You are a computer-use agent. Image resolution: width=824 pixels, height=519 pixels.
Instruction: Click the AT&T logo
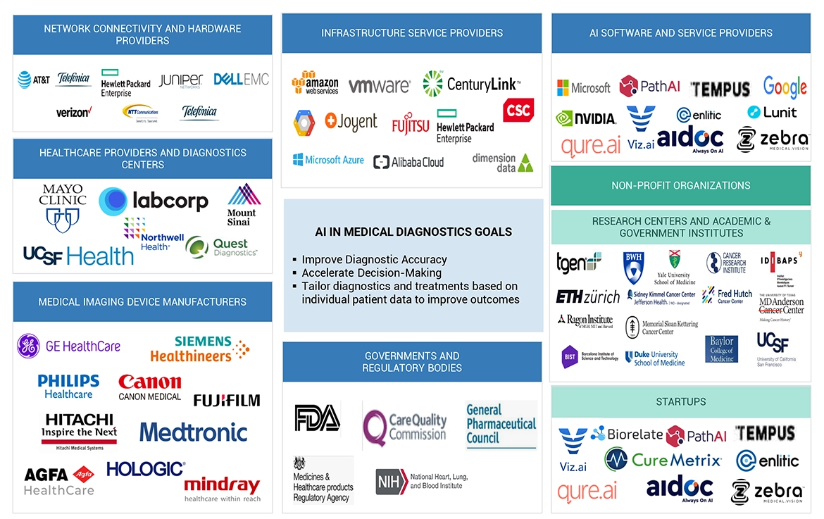point(34,80)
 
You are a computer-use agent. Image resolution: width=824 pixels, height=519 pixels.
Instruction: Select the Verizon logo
point(74,112)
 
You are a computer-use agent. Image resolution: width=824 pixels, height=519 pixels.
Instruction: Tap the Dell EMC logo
point(241,80)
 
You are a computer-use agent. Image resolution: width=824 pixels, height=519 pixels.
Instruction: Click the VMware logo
point(379,86)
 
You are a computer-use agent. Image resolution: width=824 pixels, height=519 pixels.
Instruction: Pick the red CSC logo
point(518,110)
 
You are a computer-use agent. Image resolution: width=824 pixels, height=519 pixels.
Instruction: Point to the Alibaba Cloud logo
point(409,162)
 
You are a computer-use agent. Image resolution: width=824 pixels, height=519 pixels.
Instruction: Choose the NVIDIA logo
point(586,118)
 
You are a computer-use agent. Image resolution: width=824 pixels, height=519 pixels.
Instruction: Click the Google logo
point(785,87)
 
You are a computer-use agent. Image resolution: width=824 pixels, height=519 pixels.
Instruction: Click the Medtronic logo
point(194,432)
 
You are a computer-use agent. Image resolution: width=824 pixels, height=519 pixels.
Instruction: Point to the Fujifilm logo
point(227,400)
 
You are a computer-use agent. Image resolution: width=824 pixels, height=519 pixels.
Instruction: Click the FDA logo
point(317,418)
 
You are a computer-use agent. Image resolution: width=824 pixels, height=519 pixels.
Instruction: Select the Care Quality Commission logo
point(405,425)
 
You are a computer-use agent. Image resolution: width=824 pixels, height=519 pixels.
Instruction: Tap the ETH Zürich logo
point(587,296)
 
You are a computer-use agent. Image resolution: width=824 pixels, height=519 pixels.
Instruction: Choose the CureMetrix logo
point(663,460)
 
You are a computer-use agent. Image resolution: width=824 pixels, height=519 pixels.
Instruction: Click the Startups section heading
point(680,401)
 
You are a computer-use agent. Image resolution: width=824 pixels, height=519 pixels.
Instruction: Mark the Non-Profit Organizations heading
point(680,185)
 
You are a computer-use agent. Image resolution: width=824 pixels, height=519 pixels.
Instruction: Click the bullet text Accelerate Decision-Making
point(371,273)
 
